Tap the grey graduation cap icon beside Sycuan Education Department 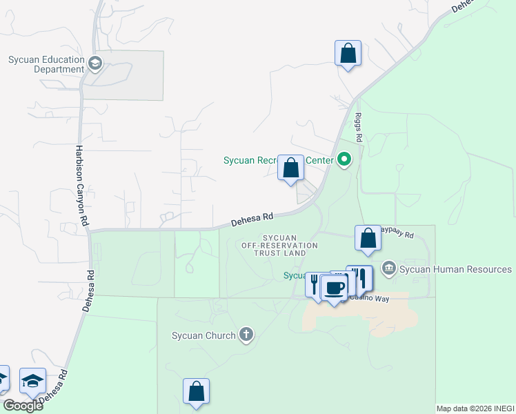95,64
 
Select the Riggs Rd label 359,128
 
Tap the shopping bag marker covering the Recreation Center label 290,168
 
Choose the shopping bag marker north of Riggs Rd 348,53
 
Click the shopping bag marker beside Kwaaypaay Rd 368,238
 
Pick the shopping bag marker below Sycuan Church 196,391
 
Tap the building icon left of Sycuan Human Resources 388,268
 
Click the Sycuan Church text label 204,336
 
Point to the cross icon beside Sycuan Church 246,335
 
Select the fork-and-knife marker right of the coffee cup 359,277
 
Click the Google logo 23,405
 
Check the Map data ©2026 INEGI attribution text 475,408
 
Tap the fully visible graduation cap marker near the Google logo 32,382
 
